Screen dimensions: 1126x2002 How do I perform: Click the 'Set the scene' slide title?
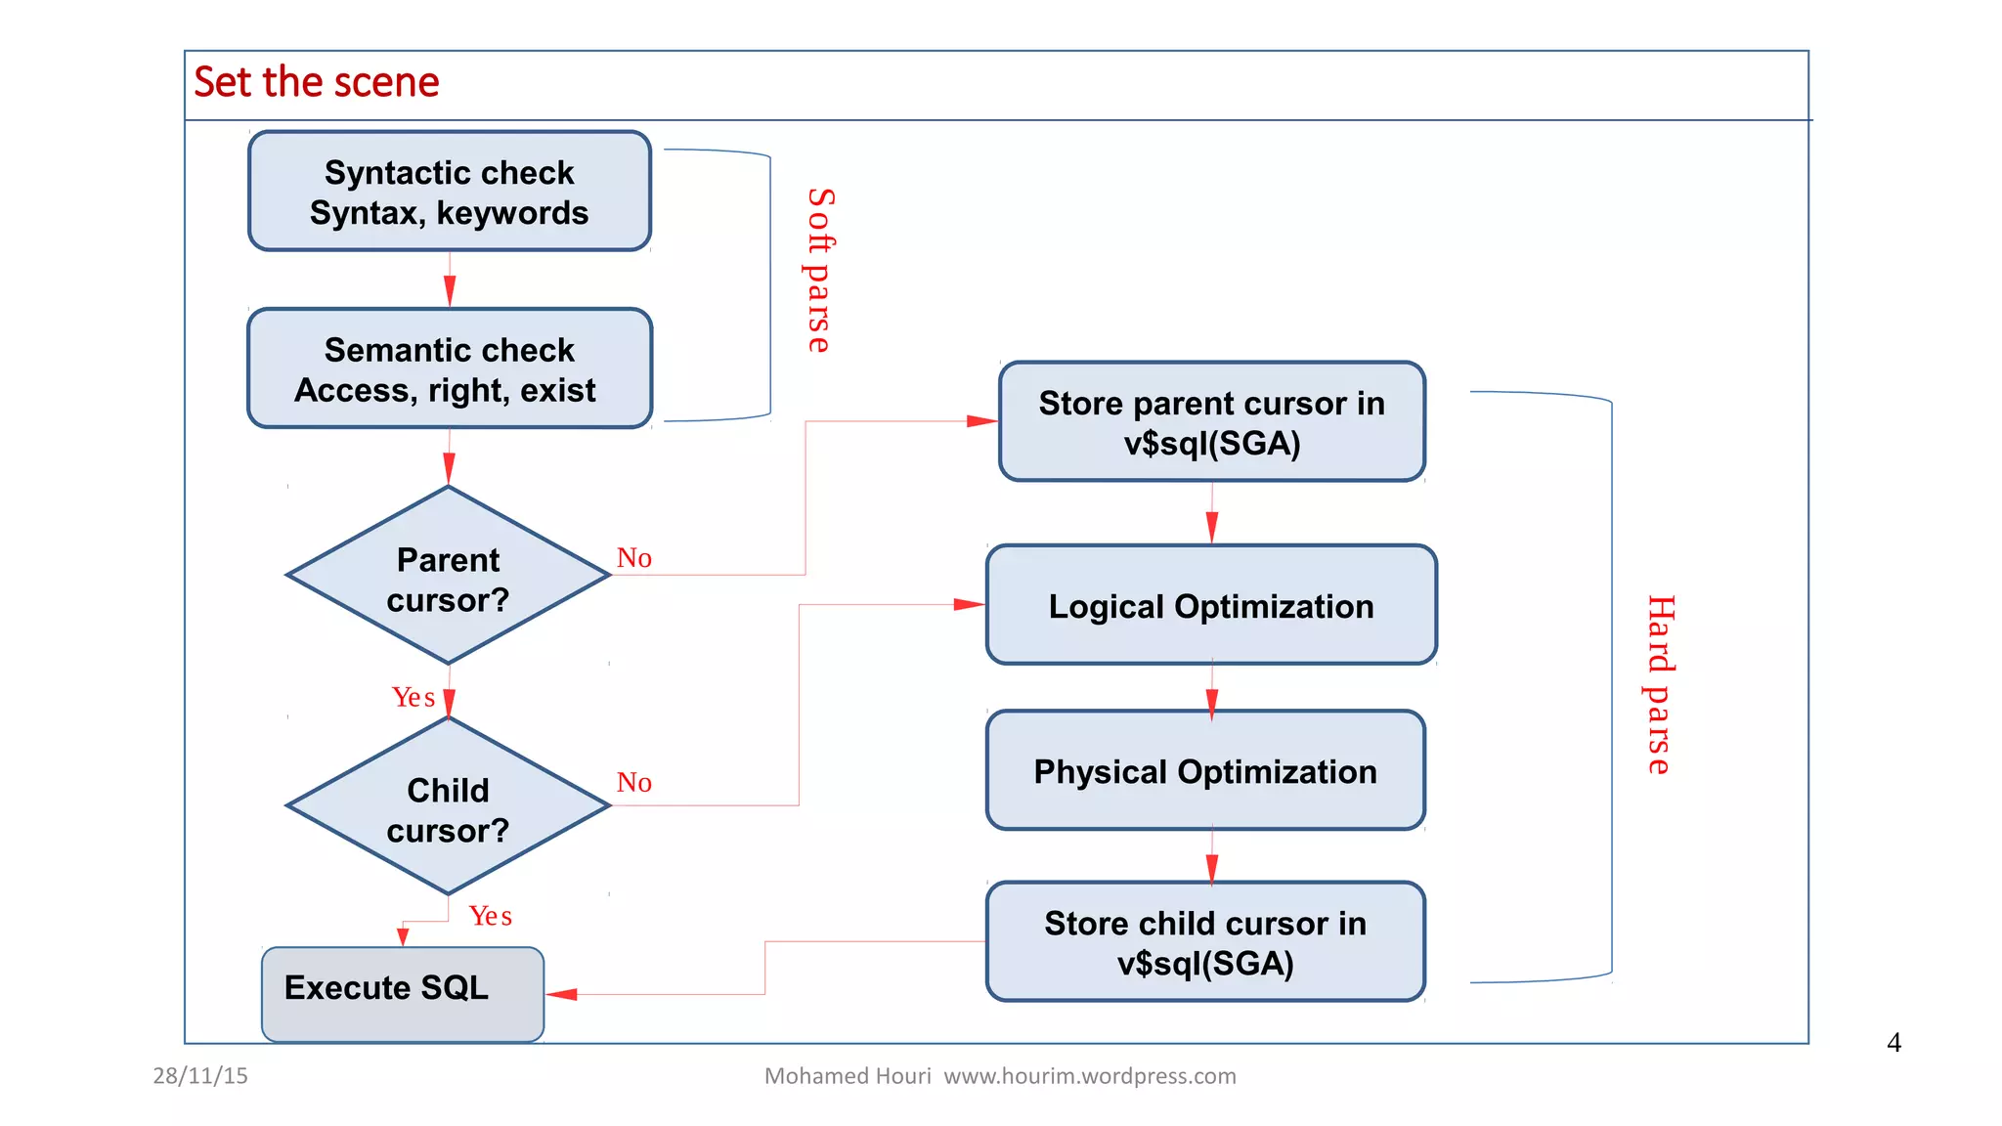(x=316, y=82)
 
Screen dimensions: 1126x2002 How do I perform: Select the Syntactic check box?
(x=450, y=192)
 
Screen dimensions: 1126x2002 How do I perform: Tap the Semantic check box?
(x=450, y=369)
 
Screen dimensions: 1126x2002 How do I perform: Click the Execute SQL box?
(x=402, y=990)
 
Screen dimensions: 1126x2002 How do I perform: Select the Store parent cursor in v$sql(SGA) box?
(x=1211, y=422)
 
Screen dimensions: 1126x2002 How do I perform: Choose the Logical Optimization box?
(x=1211, y=606)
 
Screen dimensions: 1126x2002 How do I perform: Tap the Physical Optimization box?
(x=1205, y=771)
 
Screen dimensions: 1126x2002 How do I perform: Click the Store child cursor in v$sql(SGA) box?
(x=1205, y=942)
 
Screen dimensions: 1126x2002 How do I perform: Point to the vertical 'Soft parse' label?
(x=819, y=271)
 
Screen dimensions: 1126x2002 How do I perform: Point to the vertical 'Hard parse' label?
(x=1660, y=684)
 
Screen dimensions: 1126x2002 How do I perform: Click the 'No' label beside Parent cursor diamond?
(x=633, y=558)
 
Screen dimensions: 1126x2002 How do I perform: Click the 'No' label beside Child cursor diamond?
(x=633, y=783)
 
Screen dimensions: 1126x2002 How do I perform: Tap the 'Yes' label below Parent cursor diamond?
(x=413, y=697)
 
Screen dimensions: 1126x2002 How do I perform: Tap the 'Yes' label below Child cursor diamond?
(x=490, y=916)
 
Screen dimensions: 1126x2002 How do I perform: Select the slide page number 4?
(x=1893, y=1043)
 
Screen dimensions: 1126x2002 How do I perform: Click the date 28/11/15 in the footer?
(x=200, y=1076)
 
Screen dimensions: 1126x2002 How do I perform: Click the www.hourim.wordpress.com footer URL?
(x=1089, y=1076)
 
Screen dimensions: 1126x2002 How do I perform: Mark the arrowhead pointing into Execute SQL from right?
(x=562, y=994)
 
